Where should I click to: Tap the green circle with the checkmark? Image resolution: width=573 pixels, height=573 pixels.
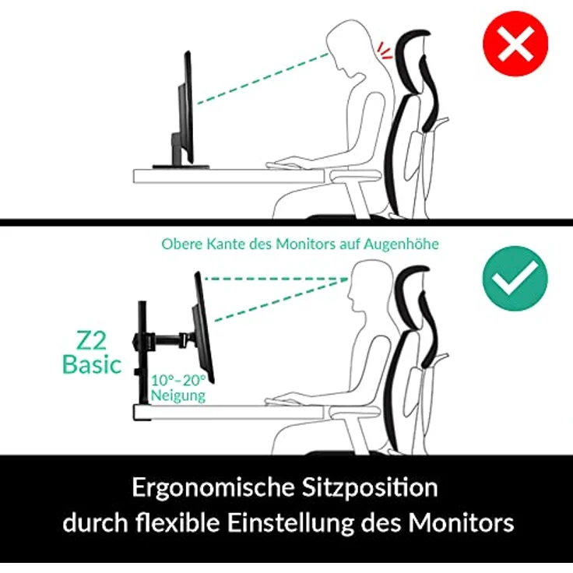[515, 278]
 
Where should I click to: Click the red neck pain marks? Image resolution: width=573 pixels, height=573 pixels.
[383, 51]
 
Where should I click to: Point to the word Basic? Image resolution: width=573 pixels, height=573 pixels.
[92, 364]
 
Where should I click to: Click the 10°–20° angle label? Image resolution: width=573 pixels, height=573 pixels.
[179, 380]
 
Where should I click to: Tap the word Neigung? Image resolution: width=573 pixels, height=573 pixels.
[179, 395]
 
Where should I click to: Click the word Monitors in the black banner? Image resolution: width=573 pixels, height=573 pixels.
[463, 522]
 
